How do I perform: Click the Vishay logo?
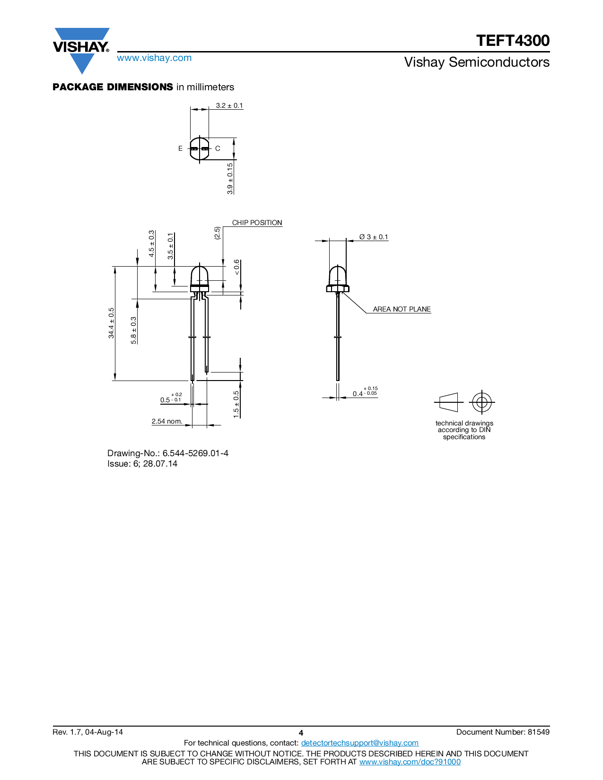coord(81,48)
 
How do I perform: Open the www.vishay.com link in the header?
coord(154,58)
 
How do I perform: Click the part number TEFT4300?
coord(513,41)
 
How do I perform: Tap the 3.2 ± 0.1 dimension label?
coord(229,105)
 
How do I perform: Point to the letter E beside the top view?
coord(180,148)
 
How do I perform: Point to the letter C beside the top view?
coord(218,148)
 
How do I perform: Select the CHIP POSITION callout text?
coord(257,223)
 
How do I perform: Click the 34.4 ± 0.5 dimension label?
coord(111,323)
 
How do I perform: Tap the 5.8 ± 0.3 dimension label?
coord(133,330)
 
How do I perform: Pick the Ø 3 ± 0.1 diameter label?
coord(373,237)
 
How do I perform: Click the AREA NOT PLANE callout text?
coord(402,309)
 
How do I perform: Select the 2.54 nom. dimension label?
coord(167,421)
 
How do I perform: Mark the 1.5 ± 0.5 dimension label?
coord(236,404)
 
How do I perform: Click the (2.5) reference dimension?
coord(217,233)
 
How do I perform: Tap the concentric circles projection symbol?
coord(481,403)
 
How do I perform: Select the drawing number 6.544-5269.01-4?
coord(195,453)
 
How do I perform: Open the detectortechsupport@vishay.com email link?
coord(359,743)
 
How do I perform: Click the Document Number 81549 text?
coord(503,732)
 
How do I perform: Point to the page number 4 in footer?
coord(301,733)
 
